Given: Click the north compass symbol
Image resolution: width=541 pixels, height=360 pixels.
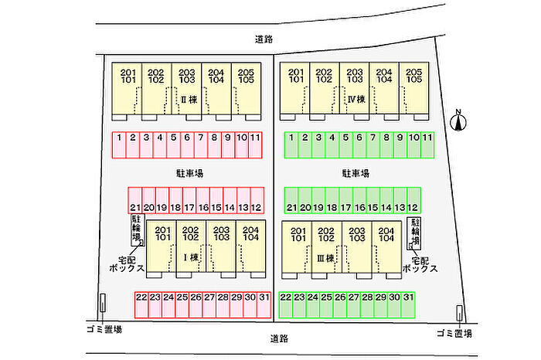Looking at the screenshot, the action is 458,121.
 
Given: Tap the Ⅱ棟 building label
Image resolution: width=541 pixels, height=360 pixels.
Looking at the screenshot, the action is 189,100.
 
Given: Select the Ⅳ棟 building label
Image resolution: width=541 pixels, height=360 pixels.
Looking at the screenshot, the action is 356,100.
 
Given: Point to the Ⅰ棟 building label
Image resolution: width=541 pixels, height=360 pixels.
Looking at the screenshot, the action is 191,257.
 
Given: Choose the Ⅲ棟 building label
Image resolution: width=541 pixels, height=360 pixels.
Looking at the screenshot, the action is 325,258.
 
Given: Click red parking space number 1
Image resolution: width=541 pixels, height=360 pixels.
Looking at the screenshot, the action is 119,145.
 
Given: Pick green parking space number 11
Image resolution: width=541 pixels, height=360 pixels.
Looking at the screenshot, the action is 427,145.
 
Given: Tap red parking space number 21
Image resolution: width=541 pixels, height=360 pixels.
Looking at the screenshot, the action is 135,200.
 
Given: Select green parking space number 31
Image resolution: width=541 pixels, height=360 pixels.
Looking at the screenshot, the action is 408,305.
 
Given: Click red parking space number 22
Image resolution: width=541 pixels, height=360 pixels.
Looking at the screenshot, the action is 141,305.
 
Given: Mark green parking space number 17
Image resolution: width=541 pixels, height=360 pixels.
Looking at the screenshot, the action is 345,200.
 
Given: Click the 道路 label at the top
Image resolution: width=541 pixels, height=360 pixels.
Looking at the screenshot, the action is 264,39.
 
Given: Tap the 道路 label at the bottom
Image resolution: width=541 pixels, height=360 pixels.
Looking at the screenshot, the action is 279,338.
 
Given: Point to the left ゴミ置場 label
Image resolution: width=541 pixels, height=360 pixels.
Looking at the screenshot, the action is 104,329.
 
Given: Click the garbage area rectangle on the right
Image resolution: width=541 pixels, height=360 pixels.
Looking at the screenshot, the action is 459,313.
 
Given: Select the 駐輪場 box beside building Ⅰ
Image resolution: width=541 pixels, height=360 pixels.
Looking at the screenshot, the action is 138,230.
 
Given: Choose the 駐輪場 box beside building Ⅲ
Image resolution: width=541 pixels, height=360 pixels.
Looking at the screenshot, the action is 414,233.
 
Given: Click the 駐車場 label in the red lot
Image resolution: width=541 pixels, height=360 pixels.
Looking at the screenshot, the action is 190,173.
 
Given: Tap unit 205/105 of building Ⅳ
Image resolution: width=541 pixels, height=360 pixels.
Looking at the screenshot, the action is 414,88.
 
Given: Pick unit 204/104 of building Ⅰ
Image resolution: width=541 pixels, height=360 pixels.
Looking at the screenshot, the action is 251,246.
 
